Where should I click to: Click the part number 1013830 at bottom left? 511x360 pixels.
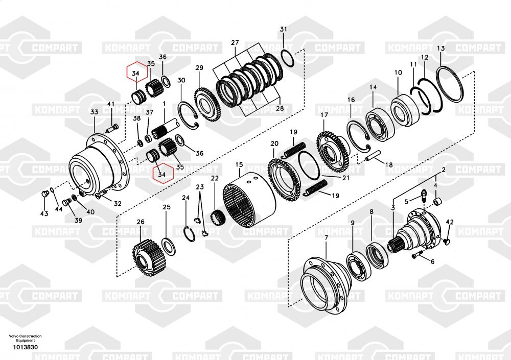[x=25, y=347]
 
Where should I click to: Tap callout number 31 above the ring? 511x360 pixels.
[x=284, y=29]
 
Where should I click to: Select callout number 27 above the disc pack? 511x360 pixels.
[x=235, y=42]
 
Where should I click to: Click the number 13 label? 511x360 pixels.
[x=440, y=48]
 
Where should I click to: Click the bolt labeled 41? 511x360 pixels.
[x=112, y=128]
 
